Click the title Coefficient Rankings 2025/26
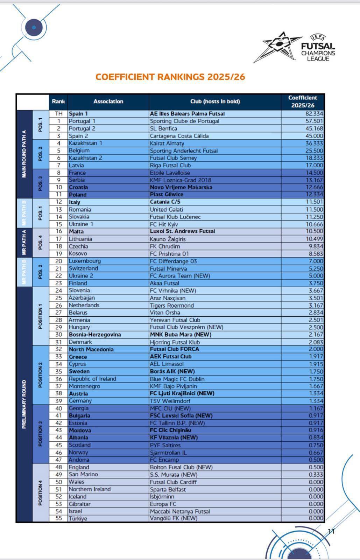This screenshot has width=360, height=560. (x=170, y=77)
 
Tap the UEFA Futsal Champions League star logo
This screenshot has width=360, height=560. (x=278, y=46)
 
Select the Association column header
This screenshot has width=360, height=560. (x=108, y=101)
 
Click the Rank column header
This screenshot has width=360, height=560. (x=58, y=101)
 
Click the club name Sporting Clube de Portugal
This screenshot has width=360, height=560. (x=184, y=121)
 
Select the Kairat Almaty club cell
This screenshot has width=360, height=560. (x=167, y=143)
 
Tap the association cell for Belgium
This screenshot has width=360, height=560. (x=79, y=150)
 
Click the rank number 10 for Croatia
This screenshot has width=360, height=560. (x=59, y=187)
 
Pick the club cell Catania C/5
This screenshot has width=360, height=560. (x=165, y=202)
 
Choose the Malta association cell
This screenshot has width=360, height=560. (x=76, y=231)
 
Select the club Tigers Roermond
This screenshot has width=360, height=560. (x=172, y=305)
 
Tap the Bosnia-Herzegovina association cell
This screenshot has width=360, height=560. (x=95, y=335)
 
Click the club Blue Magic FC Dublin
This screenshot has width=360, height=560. (x=177, y=379)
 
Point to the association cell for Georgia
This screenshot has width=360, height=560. (x=79, y=408)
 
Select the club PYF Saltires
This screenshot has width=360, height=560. (x=165, y=445)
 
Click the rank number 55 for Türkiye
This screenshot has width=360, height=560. (x=59, y=518)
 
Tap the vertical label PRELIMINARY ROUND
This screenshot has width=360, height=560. (x=24, y=404)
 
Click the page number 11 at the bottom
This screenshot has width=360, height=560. (x=331, y=531)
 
